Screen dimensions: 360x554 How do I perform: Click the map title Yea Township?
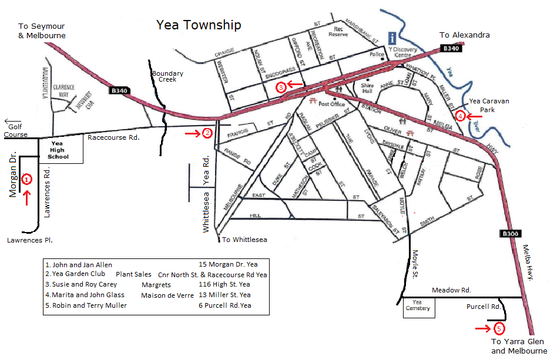198,25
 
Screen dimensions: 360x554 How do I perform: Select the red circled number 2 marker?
207,133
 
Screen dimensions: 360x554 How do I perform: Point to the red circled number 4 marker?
461,116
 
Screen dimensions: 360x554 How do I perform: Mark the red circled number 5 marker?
499,328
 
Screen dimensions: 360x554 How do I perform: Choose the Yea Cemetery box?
418,305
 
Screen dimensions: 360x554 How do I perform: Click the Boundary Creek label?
167,76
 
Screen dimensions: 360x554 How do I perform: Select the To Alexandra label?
465,35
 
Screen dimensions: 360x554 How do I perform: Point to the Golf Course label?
15,130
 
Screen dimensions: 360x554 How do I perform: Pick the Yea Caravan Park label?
489,105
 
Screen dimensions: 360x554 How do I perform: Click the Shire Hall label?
368,89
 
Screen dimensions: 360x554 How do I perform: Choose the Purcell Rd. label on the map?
483,307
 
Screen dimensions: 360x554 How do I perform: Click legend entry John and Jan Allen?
79,265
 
